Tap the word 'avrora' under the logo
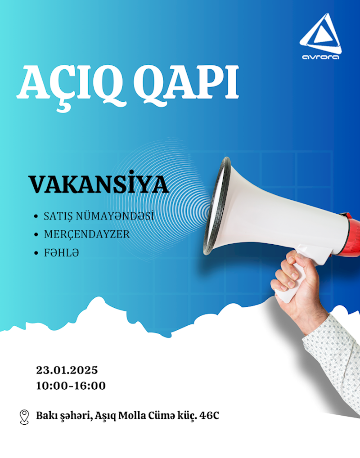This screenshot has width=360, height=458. (320, 57)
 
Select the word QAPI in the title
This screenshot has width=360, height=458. (186, 84)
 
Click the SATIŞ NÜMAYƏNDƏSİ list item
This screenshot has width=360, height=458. (99, 216)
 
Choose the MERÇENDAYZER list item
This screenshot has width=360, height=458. (86, 234)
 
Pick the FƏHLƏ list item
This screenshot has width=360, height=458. (61, 252)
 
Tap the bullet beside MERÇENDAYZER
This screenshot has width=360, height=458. (36, 234)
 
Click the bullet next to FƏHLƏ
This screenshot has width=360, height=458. (36, 253)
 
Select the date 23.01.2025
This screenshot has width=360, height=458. (67, 370)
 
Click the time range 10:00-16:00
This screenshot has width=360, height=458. (71, 386)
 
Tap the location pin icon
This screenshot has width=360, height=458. (24, 417)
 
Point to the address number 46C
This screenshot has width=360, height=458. (209, 415)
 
